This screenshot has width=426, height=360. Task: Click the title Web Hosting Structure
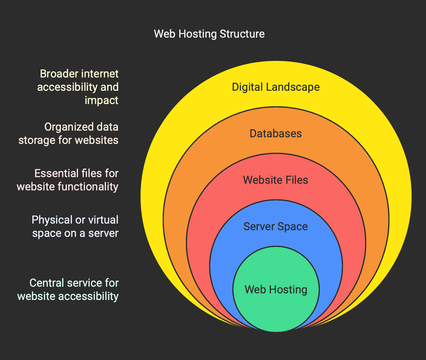209,34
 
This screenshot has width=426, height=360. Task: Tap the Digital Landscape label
276,87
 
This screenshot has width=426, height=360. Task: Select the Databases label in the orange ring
276,134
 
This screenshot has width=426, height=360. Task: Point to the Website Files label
276,180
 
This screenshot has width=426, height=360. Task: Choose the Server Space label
276,227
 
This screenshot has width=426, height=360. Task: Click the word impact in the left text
102,100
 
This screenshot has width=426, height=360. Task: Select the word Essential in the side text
56,173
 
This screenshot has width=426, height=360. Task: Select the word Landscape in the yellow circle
293,87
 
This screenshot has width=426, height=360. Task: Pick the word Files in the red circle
297,180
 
